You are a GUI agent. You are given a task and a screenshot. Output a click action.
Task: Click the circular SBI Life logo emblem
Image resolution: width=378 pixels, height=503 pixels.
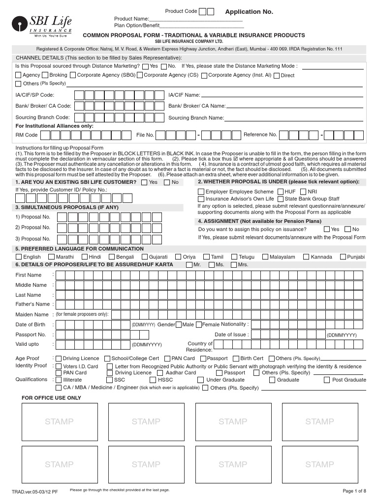pos(20,23)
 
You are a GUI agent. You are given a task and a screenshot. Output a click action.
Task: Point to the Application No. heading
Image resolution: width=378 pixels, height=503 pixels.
pos(249,11)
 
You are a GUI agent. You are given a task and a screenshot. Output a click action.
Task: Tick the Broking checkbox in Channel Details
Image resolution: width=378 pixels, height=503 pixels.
pos(45,75)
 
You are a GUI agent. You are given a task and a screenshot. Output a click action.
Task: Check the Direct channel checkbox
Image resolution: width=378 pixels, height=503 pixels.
pos(276,76)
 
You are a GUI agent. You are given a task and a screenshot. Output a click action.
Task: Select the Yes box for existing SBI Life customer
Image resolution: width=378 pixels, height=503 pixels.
pos(144,182)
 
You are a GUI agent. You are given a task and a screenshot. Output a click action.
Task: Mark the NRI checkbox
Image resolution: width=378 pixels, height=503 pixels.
pos(303,192)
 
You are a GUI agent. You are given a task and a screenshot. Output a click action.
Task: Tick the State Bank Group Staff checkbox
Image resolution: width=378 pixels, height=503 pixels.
pos(280,199)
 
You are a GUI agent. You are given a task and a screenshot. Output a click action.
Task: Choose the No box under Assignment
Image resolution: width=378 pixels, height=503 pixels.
pos(348,229)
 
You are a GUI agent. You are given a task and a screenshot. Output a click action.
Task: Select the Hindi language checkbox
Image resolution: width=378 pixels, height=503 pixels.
pos(85,257)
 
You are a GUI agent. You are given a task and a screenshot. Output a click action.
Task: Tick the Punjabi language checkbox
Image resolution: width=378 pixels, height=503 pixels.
pos(343,257)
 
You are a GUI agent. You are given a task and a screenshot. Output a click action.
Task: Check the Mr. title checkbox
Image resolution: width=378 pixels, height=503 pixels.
pos(189,265)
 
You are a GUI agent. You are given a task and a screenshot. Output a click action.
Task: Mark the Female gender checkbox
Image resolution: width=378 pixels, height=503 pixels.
pos(198,325)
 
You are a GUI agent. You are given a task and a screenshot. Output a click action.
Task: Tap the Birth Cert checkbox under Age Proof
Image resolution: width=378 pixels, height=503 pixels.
pos(236,359)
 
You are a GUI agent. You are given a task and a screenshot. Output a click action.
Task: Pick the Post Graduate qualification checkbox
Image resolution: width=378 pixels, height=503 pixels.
pos(327,380)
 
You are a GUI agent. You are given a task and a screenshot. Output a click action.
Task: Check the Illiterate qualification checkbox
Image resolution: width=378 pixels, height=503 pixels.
pos(59,380)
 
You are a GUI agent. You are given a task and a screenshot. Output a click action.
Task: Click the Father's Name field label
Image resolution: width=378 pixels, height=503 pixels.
pos(32,305)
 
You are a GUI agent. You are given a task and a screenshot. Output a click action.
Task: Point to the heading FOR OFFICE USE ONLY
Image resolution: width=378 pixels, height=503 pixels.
pos(51,398)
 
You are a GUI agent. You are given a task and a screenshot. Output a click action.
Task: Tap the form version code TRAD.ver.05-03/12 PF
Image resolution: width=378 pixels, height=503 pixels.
pos(34,492)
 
